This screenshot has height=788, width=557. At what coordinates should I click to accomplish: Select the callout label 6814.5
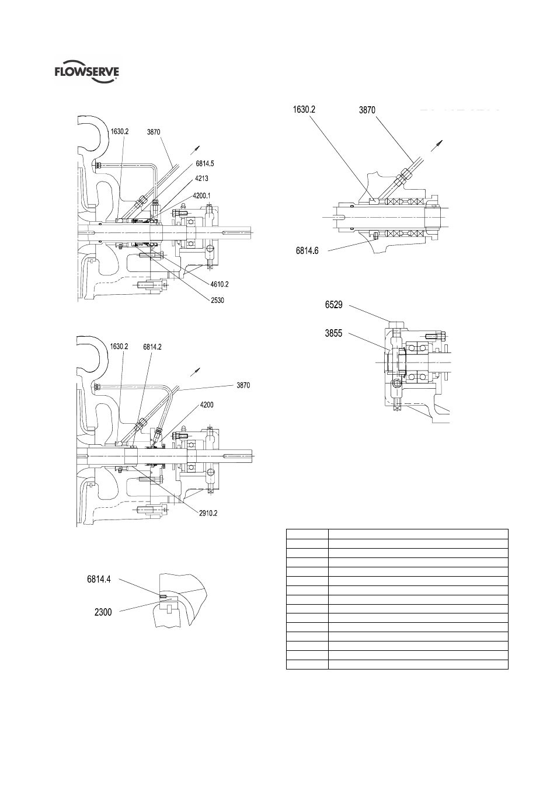pyautogui.click(x=206, y=164)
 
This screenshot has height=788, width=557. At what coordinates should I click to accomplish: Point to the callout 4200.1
pyautogui.click(x=204, y=196)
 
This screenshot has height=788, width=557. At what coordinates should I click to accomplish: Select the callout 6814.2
pyautogui.click(x=152, y=347)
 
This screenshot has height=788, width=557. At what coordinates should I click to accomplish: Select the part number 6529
pyautogui.click(x=336, y=304)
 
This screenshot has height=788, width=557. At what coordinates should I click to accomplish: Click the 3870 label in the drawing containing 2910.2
pyautogui.click(x=243, y=385)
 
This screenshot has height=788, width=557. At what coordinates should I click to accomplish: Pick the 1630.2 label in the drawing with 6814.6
pyautogui.click(x=307, y=109)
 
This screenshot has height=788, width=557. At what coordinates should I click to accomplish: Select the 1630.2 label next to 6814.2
pyautogui.click(x=119, y=347)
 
